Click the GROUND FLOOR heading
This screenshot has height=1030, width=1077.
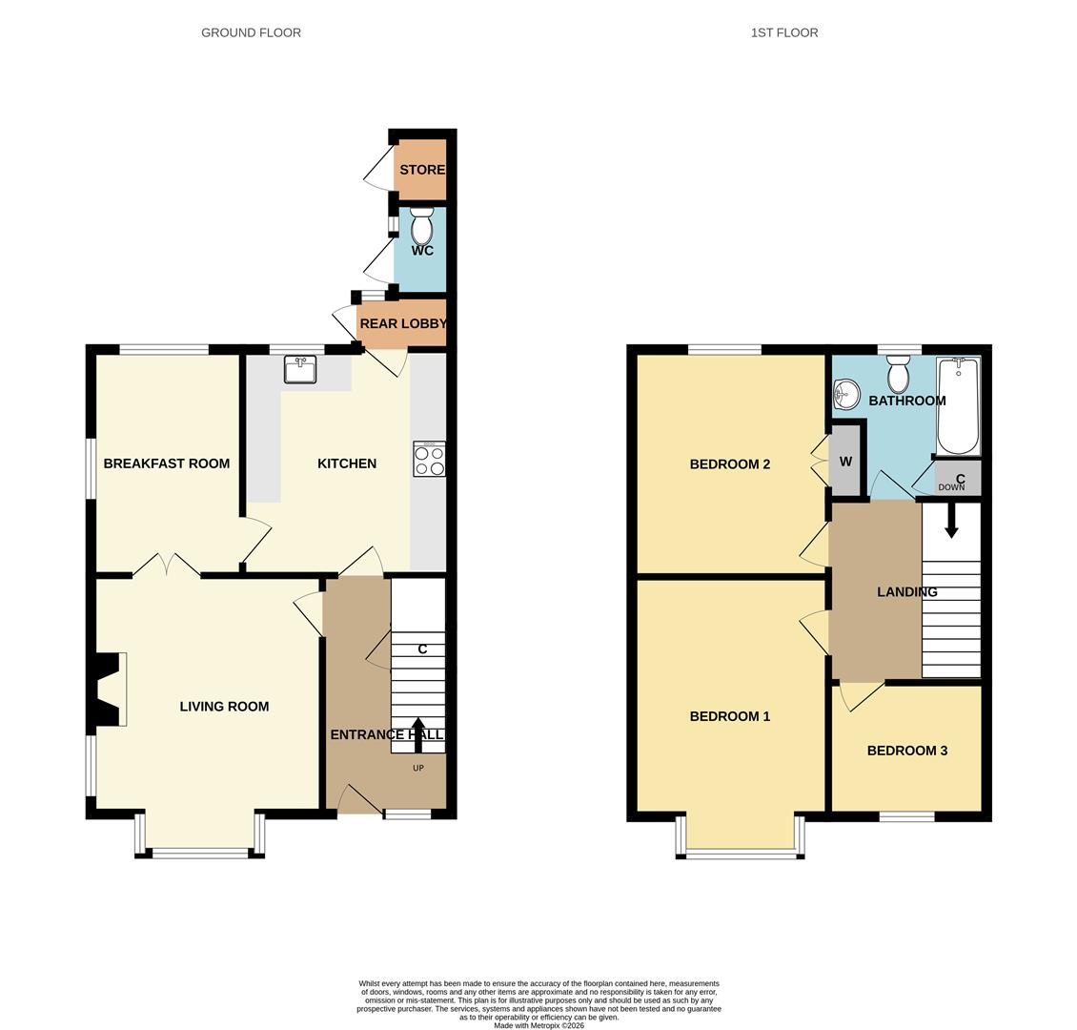point(251,32)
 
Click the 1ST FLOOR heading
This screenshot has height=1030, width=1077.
point(784,32)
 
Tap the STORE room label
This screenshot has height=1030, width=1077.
point(422,170)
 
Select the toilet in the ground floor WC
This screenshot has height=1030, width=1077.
point(421,226)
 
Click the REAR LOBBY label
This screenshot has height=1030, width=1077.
point(403,323)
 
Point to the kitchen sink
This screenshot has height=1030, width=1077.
point(300,369)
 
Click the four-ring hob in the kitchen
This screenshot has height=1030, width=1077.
point(429,459)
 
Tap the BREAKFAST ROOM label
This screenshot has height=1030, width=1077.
point(167,463)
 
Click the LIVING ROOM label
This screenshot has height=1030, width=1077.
point(225,707)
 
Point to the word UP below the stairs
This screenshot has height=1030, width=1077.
point(418,768)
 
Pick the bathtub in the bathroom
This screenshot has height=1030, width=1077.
point(958,406)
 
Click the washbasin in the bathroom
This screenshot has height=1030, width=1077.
point(844,395)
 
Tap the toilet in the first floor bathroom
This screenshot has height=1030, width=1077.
point(897,373)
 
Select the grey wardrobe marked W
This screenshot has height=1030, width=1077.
point(845,461)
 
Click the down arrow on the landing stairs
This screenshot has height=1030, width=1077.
point(951,520)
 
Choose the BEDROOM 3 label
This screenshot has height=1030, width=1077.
point(907,751)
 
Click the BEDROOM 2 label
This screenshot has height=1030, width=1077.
point(730,464)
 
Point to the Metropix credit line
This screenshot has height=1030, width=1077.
point(539,1026)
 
